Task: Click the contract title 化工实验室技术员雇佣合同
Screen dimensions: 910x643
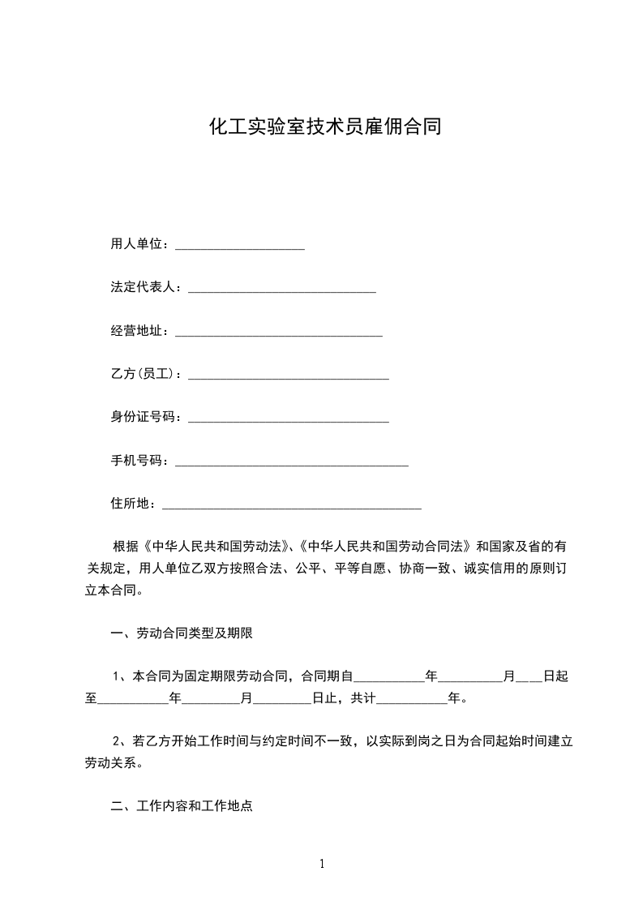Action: pyautogui.click(x=325, y=127)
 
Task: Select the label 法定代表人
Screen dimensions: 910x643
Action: pyautogui.click(x=145, y=287)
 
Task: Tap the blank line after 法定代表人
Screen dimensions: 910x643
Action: pyautogui.click(x=281, y=290)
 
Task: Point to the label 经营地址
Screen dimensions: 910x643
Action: pyautogui.click(x=139, y=331)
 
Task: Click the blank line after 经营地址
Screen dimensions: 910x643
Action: pyautogui.click(x=278, y=333)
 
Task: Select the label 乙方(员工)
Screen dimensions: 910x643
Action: pyautogui.click(x=145, y=374)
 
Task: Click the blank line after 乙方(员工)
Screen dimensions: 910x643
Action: pyautogui.click(x=288, y=376)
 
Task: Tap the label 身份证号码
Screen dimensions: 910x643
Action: pyautogui.click(x=145, y=417)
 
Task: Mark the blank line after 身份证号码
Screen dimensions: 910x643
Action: pyautogui.click(x=288, y=419)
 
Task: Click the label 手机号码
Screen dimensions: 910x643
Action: pyautogui.click(x=139, y=461)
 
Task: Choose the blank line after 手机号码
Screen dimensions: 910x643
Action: pyautogui.click(x=291, y=463)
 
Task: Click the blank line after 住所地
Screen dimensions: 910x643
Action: pyautogui.click(x=292, y=506)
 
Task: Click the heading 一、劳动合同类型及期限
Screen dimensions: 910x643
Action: pyautogui.click(x=182, y=633)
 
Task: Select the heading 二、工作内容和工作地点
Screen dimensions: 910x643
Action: pyautogui.click(x=182, y=807)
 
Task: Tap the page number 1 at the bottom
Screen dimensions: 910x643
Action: pyautogui.click(x=322, y=864)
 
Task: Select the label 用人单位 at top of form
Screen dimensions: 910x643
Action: pyautogui.click(x=139, y=244)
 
